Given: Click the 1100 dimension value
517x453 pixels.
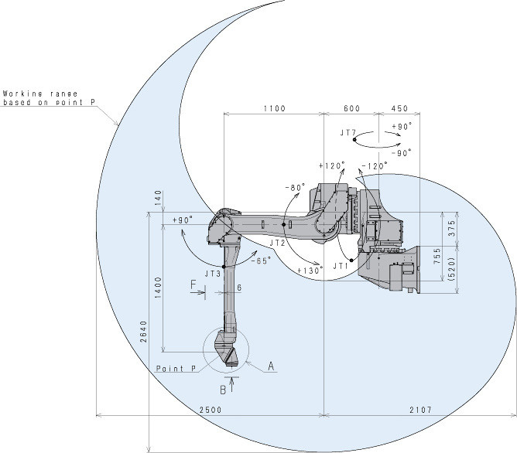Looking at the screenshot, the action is [274, 108].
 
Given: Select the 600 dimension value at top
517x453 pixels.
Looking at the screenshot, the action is [352, 108].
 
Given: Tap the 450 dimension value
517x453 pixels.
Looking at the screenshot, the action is [400, 108].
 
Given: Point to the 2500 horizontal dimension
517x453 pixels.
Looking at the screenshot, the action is [211, 410].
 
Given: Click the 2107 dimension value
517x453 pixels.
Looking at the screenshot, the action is [420, 410].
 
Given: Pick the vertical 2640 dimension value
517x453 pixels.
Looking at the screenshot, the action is [143, 332].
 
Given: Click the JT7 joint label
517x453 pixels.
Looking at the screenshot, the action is [348, 133].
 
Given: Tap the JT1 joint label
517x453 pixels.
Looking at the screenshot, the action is [341, 266].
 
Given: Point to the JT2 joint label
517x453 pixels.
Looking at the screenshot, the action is [277, 243].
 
